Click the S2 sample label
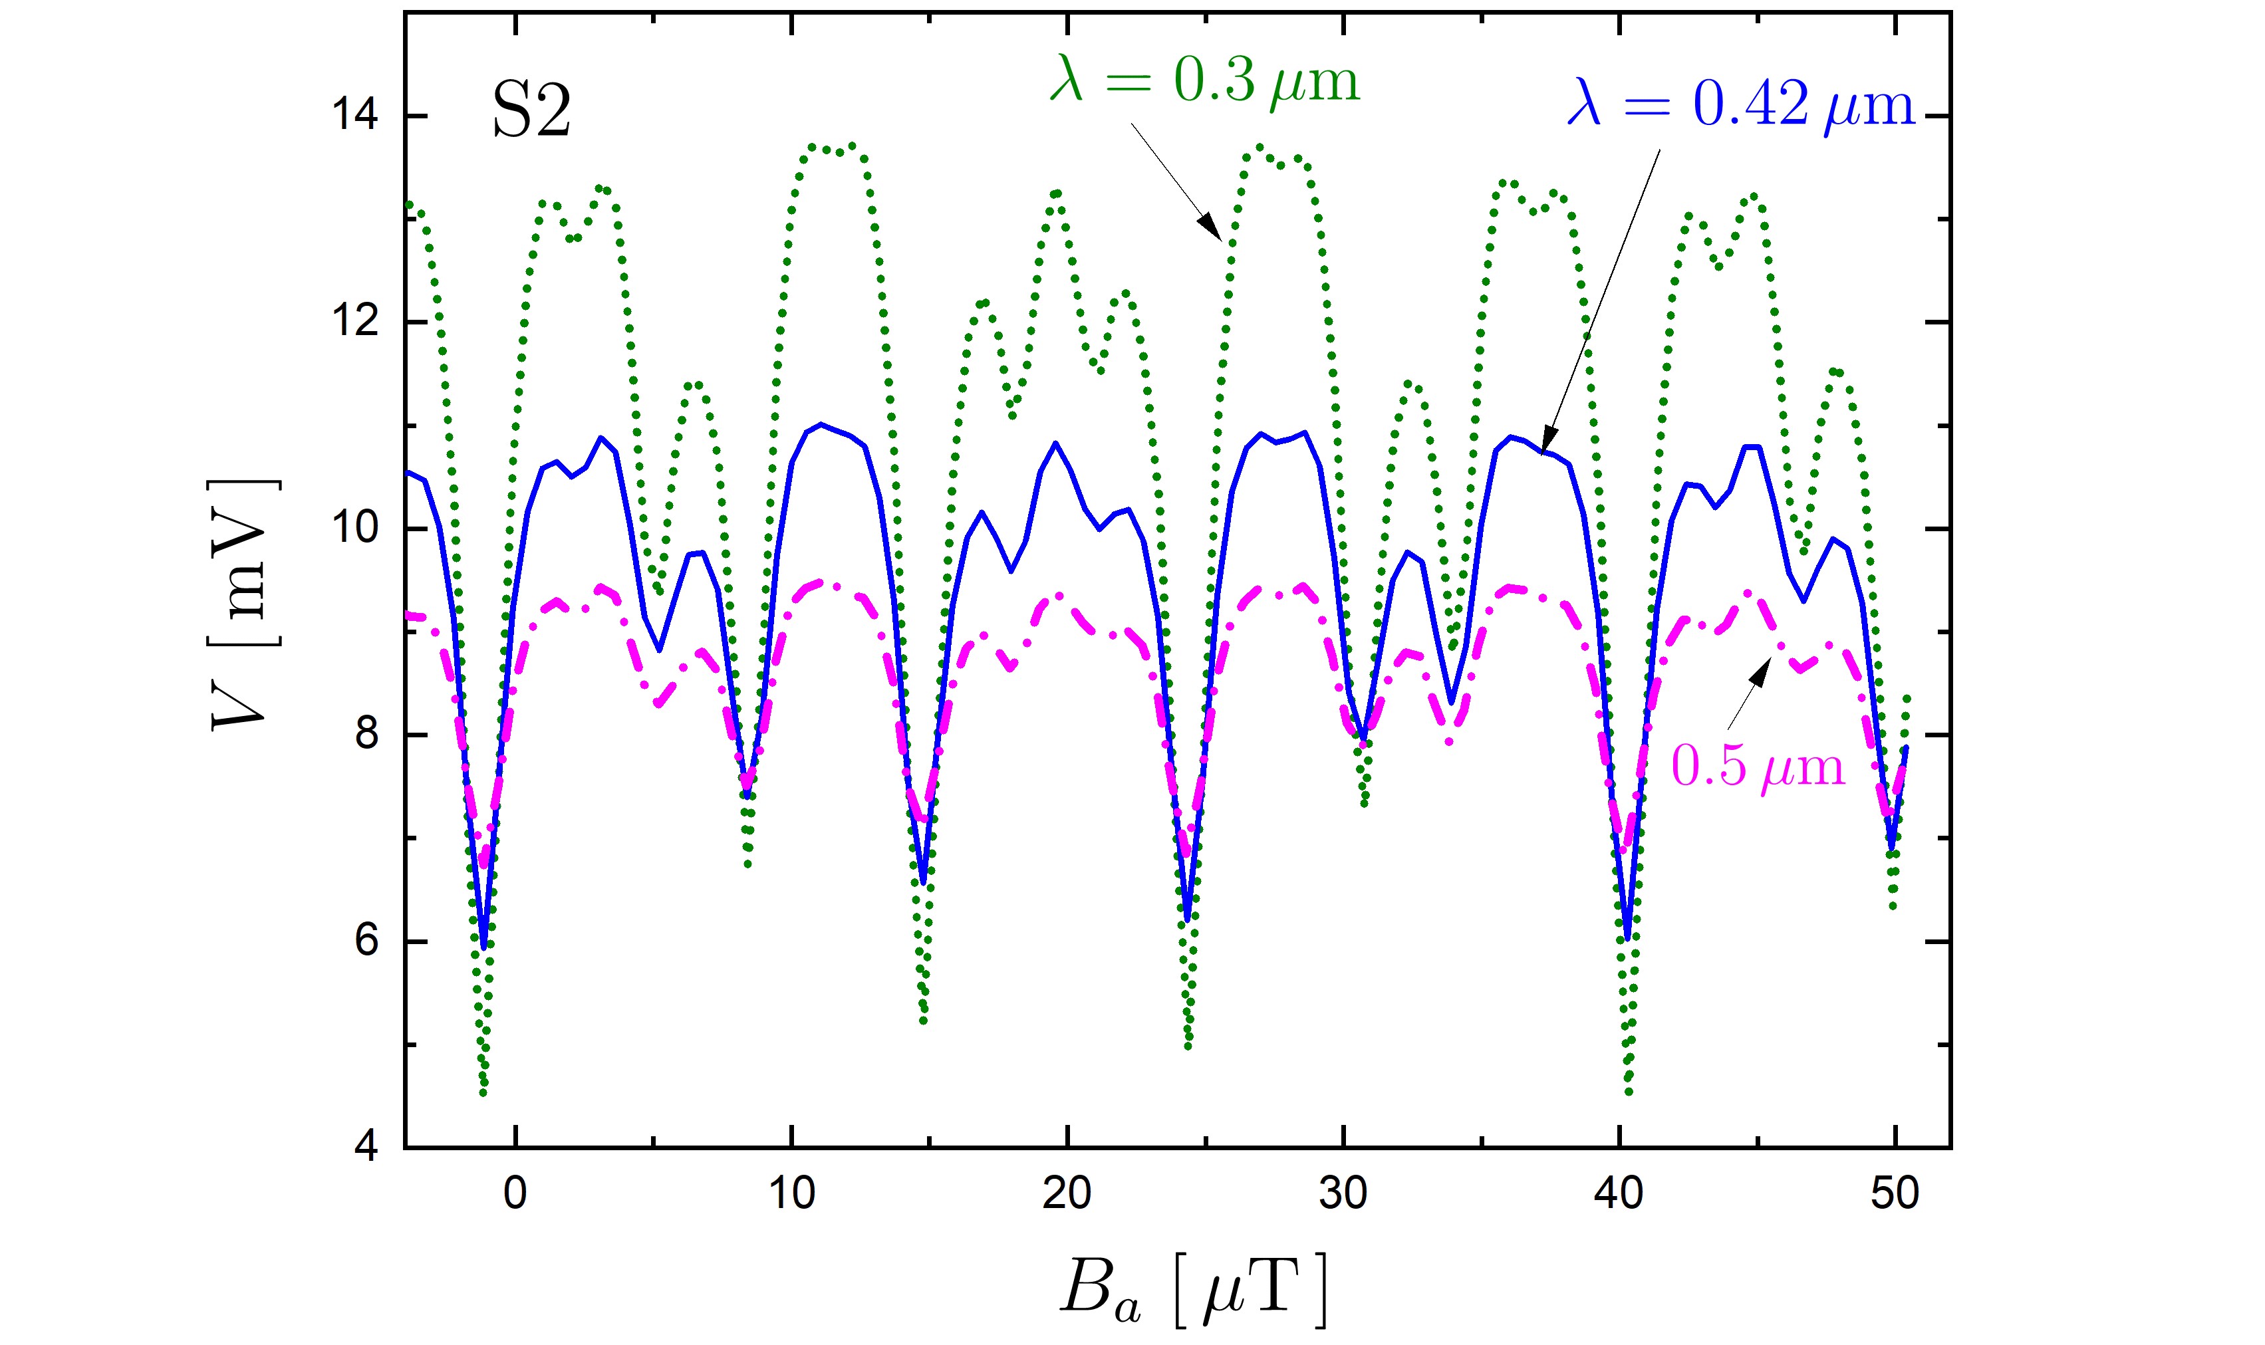[531, 112]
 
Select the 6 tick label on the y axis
[366, 941]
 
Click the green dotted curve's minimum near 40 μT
[1629, 1091]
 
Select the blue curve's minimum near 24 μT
[1187, 920]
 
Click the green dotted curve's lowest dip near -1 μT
[483, 1092]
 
